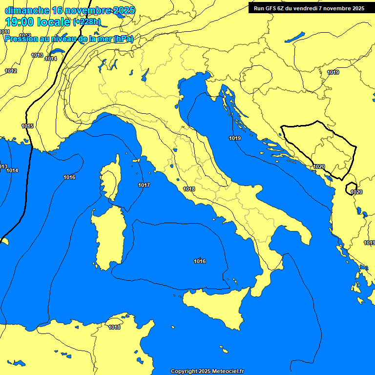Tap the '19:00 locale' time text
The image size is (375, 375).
point(38,21)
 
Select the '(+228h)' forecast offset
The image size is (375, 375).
point(86,22)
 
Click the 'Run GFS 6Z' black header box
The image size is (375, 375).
point(309,8)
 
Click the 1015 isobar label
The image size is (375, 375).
point(27,126)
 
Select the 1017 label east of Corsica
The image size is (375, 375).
point(144,185)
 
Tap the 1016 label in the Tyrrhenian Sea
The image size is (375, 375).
point(200,261)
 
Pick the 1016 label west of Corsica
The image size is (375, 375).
point(69,177)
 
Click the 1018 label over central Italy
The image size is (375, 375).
point(189,189)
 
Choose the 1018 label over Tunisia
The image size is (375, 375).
point(114,327)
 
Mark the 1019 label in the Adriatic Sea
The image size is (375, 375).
point(235,138)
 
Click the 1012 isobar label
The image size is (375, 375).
point(11,71)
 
